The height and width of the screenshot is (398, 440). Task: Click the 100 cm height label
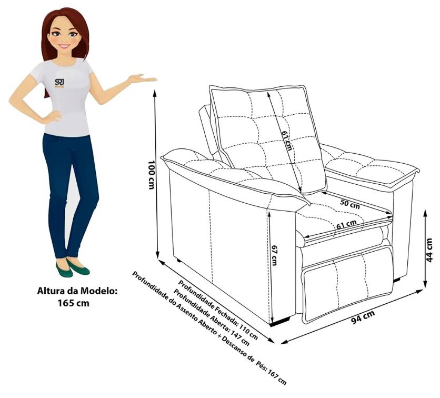pos(151,175)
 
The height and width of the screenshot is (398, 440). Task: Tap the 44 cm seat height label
pos(429,251)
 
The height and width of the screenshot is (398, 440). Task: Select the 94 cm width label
pos(363,317)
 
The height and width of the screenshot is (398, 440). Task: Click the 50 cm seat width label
pos(349,204)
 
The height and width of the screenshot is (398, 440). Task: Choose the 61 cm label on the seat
pos(347,224)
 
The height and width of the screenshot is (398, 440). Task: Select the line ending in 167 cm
pos(209,329)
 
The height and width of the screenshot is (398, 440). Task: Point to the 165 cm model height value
pos(74,303)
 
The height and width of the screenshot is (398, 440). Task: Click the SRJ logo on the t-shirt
pos(59,83)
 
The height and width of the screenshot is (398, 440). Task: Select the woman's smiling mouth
pos(64,45)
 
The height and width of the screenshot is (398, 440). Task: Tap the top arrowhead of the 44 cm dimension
pos(426,213)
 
